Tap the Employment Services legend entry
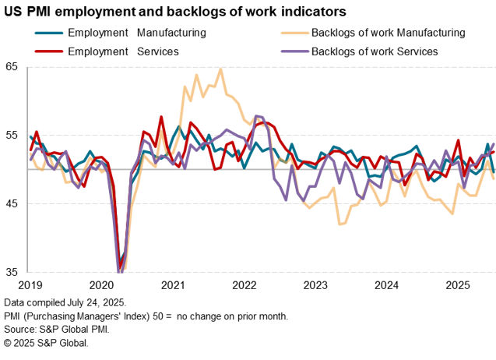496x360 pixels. [x=123, y=51]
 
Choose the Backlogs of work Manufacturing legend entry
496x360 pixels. [x=388, y=34]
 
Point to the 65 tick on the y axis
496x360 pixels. [x=11, y=66]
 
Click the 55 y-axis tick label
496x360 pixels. [x=11, y=135]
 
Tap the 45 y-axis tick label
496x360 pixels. [x=11, y=203]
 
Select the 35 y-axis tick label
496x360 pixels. [x=11, y=272]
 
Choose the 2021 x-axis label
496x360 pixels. [x=172, y=286]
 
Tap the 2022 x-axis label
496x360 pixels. [x=244, y=286]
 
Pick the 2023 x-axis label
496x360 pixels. [x=315, y=286]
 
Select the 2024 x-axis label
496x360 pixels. [x=387, y=286]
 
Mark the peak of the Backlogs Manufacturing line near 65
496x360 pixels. [x=220, y=69]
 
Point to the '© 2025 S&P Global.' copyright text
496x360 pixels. [x=46, y=343]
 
